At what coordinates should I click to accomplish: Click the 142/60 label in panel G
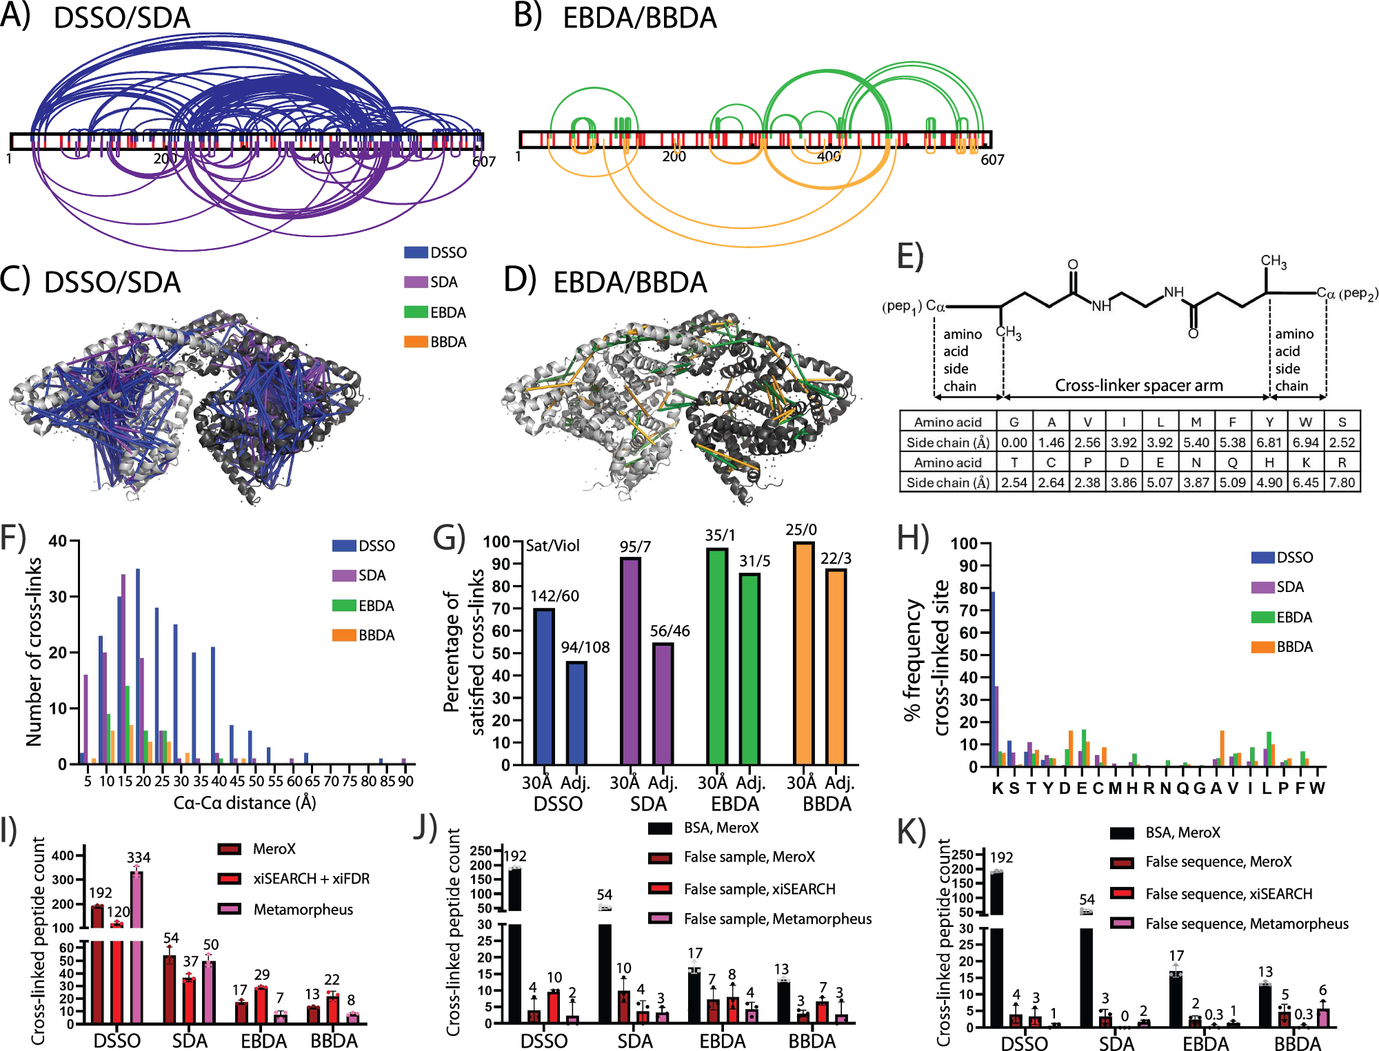(x=554, y=596)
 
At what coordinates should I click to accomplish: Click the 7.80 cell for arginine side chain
(x=1342, y=482)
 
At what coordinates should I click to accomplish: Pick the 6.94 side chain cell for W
(x=1305, y=442)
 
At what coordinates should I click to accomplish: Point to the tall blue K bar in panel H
(x=993, y=679)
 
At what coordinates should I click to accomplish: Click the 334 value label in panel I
(x=139, y=857)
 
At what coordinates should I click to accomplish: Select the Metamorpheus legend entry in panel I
(x=303, y=909)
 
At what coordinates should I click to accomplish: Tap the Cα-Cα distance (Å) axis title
(x=245, y=803)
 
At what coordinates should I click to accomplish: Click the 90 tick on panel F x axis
(x=405, y=781)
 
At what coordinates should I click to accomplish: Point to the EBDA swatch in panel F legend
(x=344, y=605)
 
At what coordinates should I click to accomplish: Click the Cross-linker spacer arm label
(x=1138, y=385)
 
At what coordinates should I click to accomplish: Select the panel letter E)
(x=910, y=256)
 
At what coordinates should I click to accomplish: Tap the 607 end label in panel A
(x=484, y=161)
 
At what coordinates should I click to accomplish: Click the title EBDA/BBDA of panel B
(x=640, y=18)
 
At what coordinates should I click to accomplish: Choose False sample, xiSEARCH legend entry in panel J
(x=759, y=889)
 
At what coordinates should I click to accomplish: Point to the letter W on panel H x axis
(x=1317, y=788)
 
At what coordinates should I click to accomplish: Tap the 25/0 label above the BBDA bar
(x=801, y=529)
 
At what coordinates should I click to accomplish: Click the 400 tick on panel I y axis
(x=63, y=855)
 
